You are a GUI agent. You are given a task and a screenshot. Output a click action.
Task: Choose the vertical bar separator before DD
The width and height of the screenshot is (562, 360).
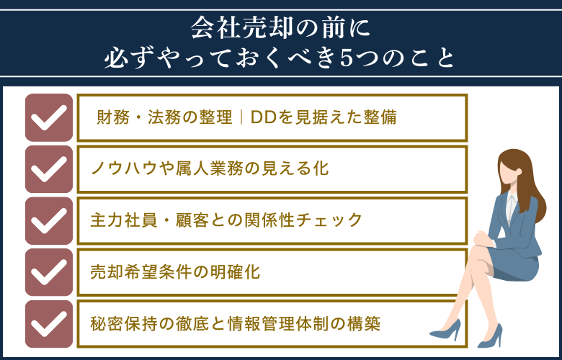(x=241, y=117)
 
